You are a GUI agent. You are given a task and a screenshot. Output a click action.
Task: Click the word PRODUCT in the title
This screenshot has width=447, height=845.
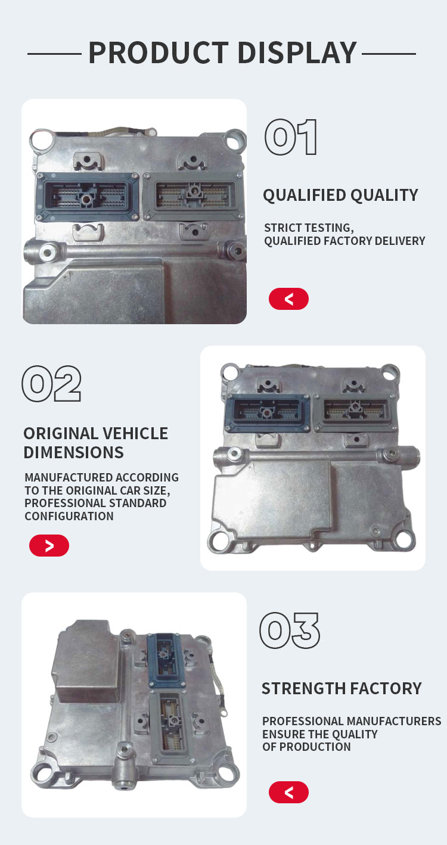click(159, 52)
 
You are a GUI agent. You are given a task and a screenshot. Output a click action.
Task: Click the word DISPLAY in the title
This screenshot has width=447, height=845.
click(297, 52)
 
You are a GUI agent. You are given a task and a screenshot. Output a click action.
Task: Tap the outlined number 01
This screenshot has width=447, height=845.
click(290, 137)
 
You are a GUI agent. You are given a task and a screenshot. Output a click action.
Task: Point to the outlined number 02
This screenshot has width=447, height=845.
click(51, 383)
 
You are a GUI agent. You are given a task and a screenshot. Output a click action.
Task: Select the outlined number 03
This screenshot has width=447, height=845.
click(290, 630)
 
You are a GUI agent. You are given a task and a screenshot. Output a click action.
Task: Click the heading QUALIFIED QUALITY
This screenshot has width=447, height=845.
click(340, 195)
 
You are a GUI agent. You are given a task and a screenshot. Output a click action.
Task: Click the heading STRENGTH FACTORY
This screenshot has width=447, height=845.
click(342, 688)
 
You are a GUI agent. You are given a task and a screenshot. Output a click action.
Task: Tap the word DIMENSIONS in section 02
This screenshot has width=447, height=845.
click(73, 452)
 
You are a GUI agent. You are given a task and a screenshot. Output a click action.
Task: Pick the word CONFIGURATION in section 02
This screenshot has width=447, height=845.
click(69, 516)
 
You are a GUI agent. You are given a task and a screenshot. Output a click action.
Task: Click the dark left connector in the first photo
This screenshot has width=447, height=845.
click(88, 197)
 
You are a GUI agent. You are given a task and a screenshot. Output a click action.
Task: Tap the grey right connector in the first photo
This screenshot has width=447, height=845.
click(193, 196)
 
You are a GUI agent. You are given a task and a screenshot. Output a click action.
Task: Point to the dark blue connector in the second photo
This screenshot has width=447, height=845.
click(268, 412)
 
